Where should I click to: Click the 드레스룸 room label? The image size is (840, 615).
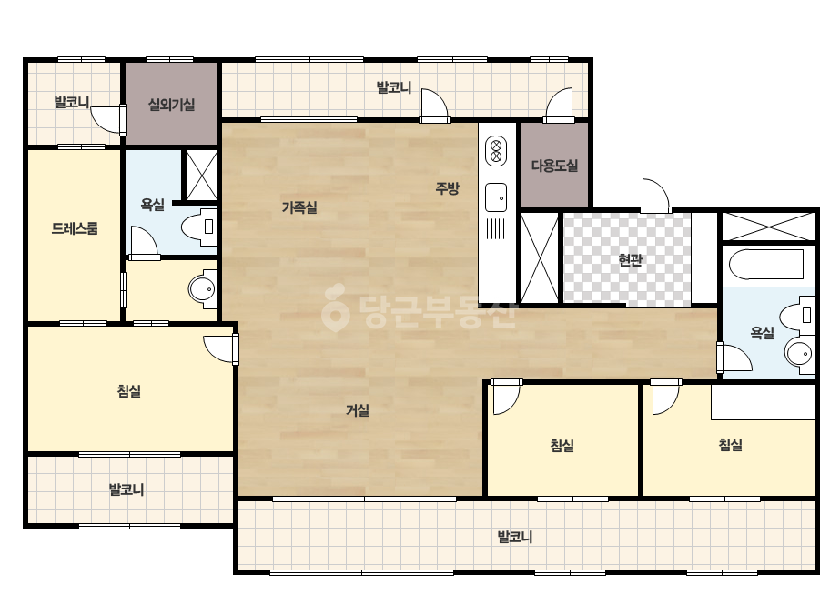coord(75,228)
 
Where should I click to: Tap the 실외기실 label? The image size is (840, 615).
coord(171,105)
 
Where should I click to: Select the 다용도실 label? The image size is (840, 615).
coord(554,166)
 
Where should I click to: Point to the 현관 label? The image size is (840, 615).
coord(630,260)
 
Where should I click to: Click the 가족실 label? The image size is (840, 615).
coord(299,207)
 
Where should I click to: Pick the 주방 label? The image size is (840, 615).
coord(447,188)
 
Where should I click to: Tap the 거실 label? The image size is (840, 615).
coord(358,410)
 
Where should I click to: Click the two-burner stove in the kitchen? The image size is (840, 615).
coord(496,151)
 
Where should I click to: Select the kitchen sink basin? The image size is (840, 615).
coord(496,197)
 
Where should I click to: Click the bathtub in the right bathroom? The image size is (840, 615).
coord(766,264)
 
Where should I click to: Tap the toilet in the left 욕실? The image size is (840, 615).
coord(198,227)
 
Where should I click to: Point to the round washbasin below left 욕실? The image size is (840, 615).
coord(203,290)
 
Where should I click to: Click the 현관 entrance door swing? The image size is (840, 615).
coord(656,196)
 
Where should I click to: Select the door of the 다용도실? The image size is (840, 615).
coord(559,106)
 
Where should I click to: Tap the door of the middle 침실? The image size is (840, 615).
coord(506,397)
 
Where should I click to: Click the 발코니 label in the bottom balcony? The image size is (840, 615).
coord(515,537)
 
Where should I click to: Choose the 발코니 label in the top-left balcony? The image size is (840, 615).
coord(72,101)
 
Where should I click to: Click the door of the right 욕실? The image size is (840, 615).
coord(734,358)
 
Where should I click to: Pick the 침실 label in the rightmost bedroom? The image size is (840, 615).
coord(730,445)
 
